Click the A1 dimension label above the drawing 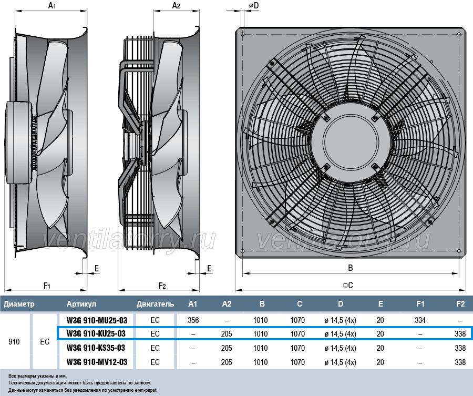tap(52, 6)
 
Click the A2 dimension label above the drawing tap(177, 6)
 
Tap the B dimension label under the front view tap(350, 268)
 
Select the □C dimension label tap(347, 285)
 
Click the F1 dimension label tap(47, 286)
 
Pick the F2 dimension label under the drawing tap(162, 286)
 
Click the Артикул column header tap(81, 304)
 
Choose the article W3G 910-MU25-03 tap(97, 320)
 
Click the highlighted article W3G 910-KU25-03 tap(97, 333)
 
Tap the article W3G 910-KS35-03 tap(97, 348)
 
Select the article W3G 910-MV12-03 tap(97, 362)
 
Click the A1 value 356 tap(193, 320)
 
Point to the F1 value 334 tap(420, 320)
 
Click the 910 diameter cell tap(15, 341)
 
